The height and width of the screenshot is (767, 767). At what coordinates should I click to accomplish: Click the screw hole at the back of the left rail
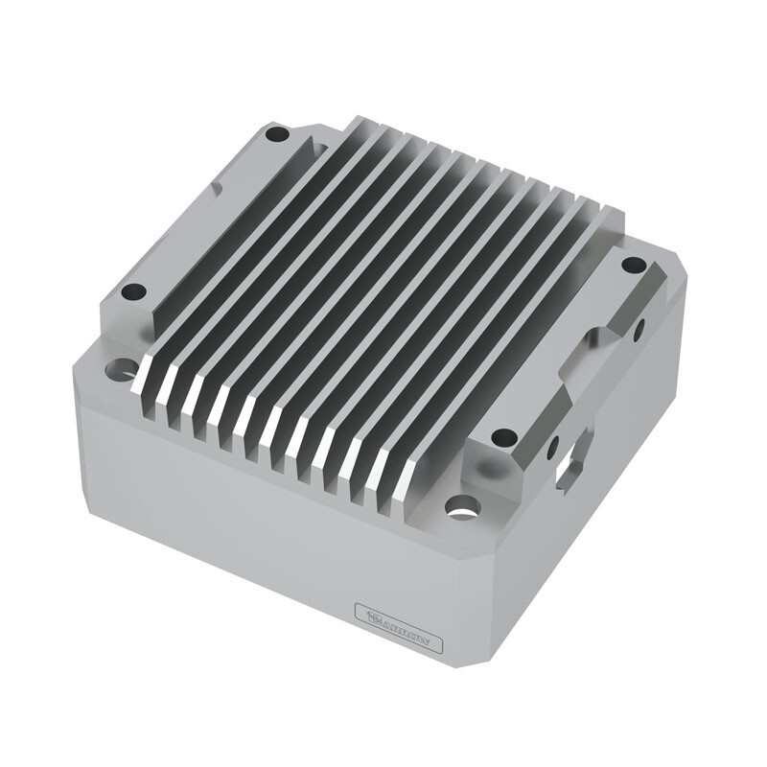pyautogui.click(x=276, y=134)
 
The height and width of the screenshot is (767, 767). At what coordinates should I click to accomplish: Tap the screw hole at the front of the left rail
pyautogui.click(x=133, y=291)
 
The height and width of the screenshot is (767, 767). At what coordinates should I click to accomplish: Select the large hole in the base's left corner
pyautogui.click(x=122, y=368)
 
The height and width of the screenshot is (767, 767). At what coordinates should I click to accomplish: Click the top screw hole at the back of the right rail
pyautogui.click(x=633, y=264)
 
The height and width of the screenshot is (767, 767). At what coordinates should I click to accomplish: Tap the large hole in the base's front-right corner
pyautogui.click(x=462, y=504)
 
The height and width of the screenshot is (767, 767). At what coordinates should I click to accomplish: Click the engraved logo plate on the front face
pyautogui.click(x=398, y=628)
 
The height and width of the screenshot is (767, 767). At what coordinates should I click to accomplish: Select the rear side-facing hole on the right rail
pyautogui.click(x=639, y=329)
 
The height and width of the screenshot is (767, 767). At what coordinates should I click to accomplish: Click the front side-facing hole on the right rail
pyautogui.click(x=553, y=447)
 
